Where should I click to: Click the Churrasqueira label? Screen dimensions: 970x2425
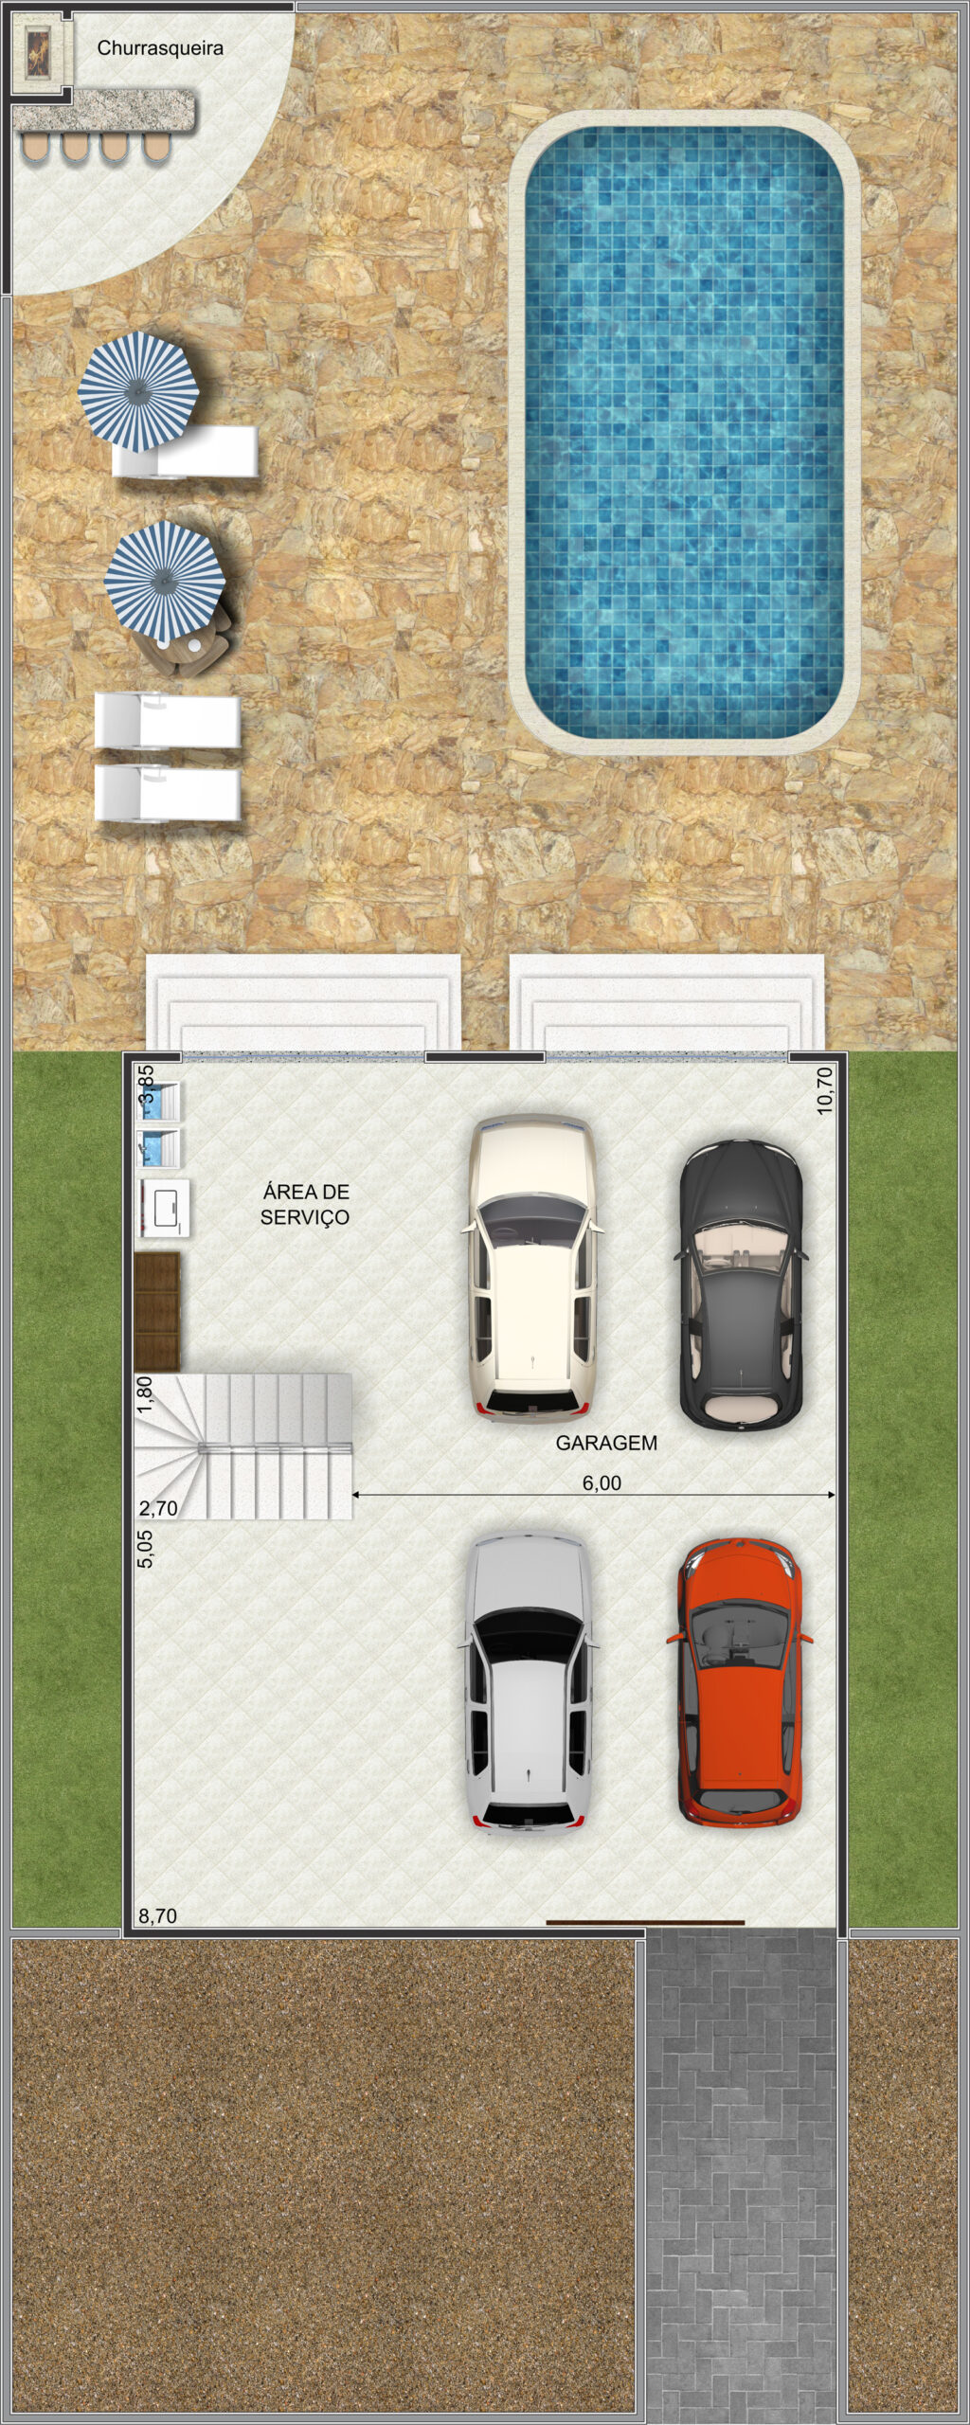(x=160, y=48)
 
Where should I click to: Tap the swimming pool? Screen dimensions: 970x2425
(x=685, y=433)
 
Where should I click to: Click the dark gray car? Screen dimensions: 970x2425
(x=742, y=1284)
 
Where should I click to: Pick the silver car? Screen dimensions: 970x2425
(x=529, y=1683)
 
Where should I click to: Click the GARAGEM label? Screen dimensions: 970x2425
(x=606, y=1444)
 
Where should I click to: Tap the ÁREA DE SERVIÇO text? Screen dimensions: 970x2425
(x=305, y=1204)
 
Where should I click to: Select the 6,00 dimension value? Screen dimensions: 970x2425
(x=602, y=1482)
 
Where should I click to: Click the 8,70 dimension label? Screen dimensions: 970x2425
(x=158, y=1916)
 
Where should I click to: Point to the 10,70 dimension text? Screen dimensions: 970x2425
(x=824, y=1090)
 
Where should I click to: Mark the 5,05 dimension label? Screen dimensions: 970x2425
(x=145, y=1549)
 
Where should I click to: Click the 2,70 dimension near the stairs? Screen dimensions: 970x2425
(x=158, y=1508)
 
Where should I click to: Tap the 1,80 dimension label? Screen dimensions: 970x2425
(x=145, y=1394)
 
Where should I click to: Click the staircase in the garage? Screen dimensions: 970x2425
(x=243, y=1446)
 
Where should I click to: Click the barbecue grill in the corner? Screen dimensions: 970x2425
(x=41, y=55)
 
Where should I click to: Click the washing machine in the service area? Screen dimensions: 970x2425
(x=165, y=1208)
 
